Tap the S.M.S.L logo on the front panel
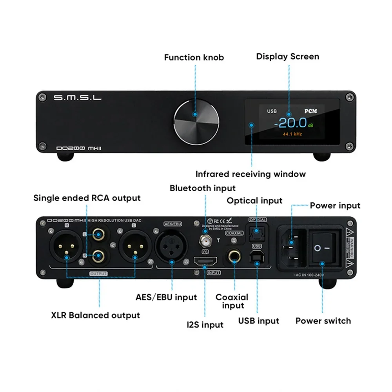[x=77, y=97]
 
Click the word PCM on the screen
[x=310, y=111]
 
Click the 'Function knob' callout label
[x=194, y=57]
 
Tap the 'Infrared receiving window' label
[x=250, y=174]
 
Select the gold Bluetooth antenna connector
[x=204, y=238]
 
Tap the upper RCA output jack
[x=98, y=236]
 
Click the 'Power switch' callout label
[x=323, y=321]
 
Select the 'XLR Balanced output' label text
[x=95, y=315]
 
